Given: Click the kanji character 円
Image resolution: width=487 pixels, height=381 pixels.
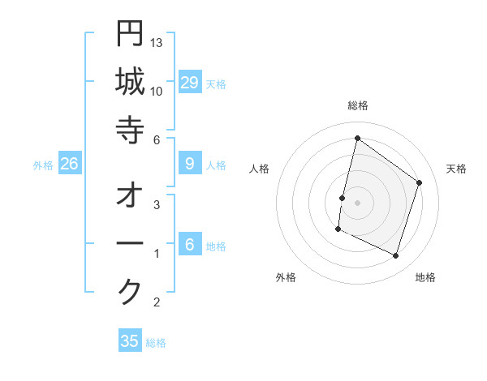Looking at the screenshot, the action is click(x=130, y=34).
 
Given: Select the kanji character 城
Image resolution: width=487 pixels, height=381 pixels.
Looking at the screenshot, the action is click(x=130, y=83).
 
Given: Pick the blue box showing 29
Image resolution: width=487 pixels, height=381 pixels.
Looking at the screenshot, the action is click(x=190, y=83).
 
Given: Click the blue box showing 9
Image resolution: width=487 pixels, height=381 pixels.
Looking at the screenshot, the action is click(x=190, y=164).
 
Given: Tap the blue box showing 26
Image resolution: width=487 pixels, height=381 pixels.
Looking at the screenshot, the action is click(x=70, y=164).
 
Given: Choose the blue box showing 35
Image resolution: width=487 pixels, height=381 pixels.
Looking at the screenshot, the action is click(x=130, y=341).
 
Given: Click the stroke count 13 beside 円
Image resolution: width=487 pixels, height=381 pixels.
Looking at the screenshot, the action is click(x=157, y=41).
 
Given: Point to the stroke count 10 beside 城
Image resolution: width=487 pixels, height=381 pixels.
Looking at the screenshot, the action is click(x=157, y=90).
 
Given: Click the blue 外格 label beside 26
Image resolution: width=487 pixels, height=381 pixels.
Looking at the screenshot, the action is click(x=43, y=165).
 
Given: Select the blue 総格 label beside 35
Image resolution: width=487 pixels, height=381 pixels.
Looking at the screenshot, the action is click(x=156, y=343).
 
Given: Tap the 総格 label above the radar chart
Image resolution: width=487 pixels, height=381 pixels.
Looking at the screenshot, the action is click(x=357, y=105).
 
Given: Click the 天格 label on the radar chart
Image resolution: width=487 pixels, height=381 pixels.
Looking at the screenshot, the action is click(x=456, y=169).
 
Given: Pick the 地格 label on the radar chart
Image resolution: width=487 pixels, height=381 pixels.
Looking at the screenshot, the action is click(x=425, y=277).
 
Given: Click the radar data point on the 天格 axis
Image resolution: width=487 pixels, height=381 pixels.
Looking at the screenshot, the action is click(x=420, y=182).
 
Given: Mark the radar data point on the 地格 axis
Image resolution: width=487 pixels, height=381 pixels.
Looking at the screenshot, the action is click(x=396, y=256).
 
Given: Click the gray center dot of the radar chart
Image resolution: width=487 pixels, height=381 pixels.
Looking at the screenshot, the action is click(x=357, y=202).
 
